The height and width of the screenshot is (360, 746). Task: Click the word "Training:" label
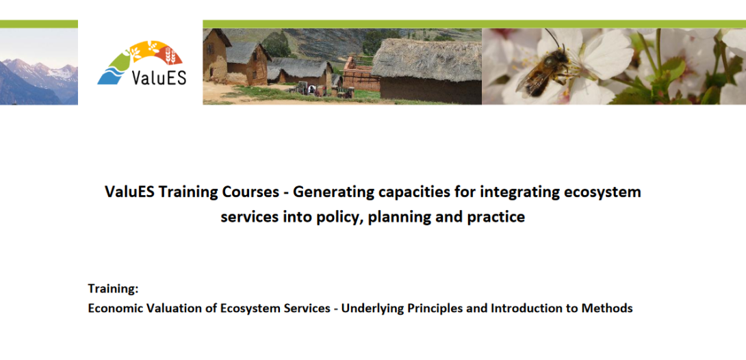point(113,289)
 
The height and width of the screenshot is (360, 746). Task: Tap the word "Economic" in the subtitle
point(112,308)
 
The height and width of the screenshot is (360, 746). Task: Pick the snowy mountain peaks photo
point(38,66)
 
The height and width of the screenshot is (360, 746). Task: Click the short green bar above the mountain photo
point(38,24)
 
